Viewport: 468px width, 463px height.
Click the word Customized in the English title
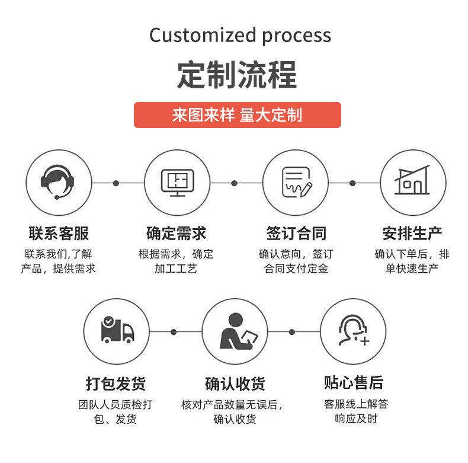203,35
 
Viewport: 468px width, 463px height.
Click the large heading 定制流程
237,75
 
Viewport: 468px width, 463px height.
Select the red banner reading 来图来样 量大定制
238,115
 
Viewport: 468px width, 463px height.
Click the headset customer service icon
57,181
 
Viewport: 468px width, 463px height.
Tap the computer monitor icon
178,183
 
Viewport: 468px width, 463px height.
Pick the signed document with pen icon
297,182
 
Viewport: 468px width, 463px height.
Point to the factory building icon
412,180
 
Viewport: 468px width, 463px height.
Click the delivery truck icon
118,330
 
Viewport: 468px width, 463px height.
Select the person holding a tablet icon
238,331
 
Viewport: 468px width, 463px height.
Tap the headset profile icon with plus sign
354,330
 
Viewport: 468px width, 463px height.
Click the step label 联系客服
59,234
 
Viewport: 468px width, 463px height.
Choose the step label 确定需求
176,234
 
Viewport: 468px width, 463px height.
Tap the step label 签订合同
296,234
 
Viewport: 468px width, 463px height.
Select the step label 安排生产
412,234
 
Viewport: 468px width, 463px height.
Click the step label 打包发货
116,384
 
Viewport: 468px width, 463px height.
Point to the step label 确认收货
235,384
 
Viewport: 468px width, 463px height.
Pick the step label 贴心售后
354,382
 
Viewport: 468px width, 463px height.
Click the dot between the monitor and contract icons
235,183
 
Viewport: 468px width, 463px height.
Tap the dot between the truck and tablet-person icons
174,332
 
